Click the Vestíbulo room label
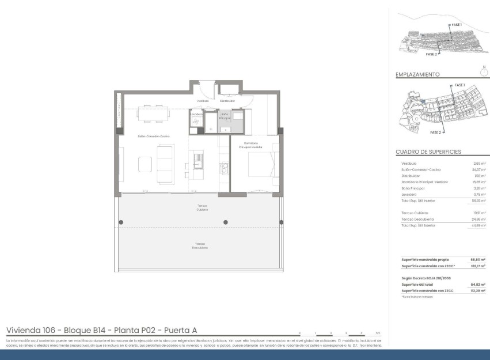pos(202,101)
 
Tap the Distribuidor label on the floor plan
pos(227,101)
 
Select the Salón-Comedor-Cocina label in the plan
pos(153,136)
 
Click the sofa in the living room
pos(165,164)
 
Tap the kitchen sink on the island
pos(198,157)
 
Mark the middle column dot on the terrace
pos(226,222)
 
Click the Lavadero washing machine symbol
pos(195,121)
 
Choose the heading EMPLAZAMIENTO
pos(417,75)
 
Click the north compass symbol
pos(483,72)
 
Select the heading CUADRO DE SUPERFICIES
pos(428,152)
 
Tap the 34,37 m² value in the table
pos(479,170)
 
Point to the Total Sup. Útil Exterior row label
pos(418,225)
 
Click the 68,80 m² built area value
pos(478,260)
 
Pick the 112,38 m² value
pos(478,290)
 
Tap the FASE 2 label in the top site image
pos(431,54)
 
